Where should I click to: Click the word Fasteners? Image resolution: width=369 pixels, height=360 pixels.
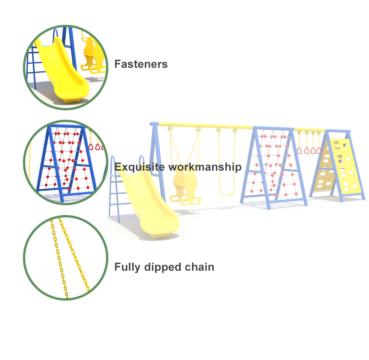coord(141,64)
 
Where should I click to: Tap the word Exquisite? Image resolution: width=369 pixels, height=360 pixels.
coord(136,167)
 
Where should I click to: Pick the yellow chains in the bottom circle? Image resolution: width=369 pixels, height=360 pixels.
coord(70,257)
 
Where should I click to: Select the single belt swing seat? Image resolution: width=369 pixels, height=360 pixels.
coord(227,192)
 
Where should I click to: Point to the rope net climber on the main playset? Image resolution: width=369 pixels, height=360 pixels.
coord(273,166)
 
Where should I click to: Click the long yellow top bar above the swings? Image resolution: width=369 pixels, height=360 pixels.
coord(206,126)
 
